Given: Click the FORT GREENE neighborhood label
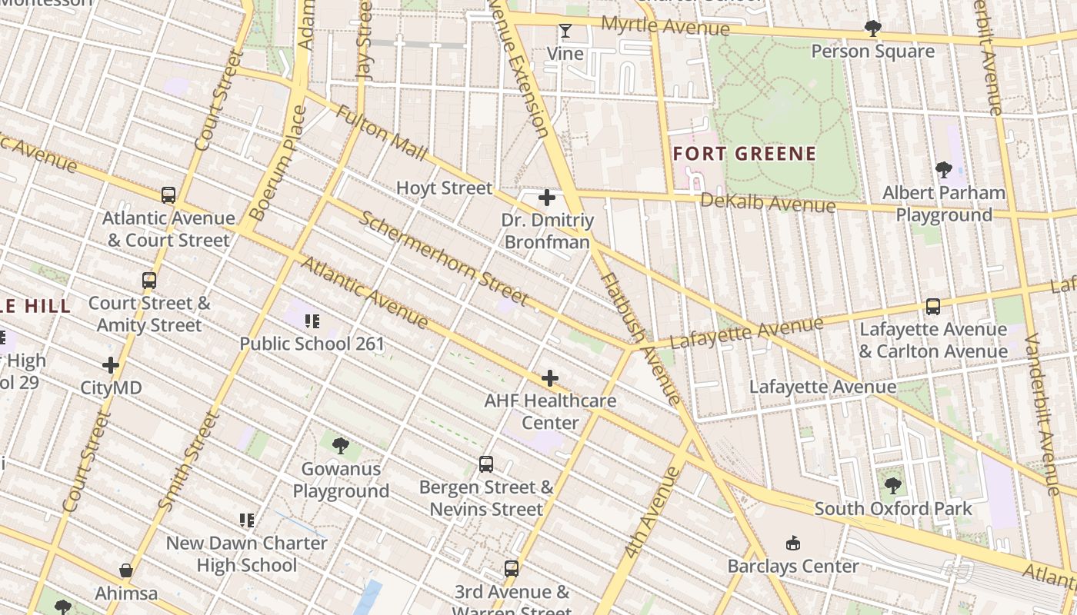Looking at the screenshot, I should [744, 154].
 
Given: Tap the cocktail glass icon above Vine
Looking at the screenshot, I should [565, 31].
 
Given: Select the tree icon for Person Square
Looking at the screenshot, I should [872, 28].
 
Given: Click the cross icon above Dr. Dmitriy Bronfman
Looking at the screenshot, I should [547, 198].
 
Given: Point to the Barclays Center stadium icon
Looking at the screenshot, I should [793, 544].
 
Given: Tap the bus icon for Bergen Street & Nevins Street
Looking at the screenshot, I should [486, 464].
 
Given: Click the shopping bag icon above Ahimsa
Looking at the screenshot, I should [126, 571].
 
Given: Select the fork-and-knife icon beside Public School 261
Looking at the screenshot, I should [312, 321].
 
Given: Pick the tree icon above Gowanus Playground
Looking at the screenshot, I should [340, 445].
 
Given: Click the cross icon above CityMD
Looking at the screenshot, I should [111, 365].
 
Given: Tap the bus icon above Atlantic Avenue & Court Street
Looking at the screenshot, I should [168, 195].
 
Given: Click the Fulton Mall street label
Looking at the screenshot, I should [381, 134].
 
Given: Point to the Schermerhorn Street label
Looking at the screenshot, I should [444, 258].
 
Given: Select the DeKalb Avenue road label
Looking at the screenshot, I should [767, 203].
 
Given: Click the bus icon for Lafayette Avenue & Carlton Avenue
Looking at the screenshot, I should [933, 307].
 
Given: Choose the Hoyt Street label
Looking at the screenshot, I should [444, 188].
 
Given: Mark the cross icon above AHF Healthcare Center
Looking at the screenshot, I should [550, 378].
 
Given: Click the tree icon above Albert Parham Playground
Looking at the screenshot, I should [944, 170].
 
